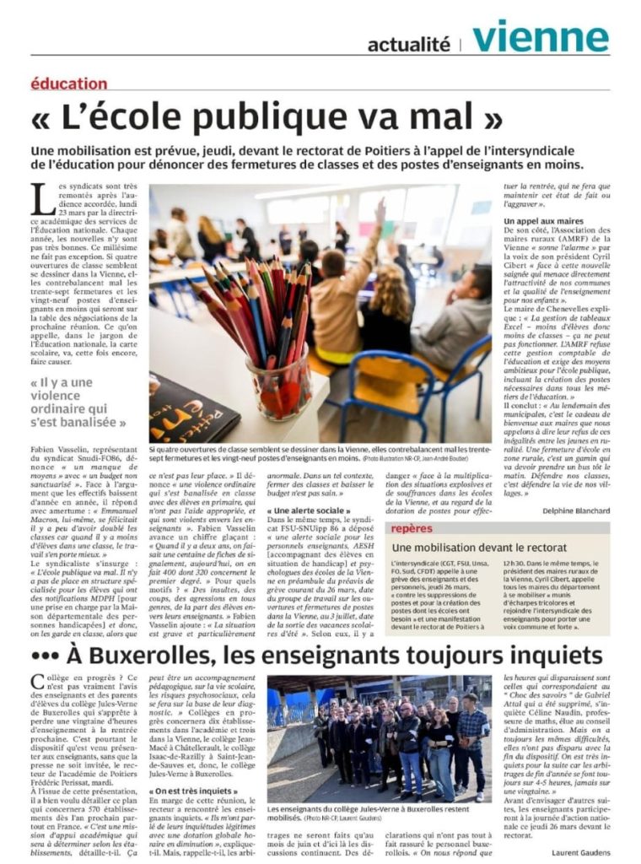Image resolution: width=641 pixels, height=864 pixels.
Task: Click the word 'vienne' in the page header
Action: (x=541, y=37)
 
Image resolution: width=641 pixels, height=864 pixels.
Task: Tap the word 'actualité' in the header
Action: (x=409, y=45)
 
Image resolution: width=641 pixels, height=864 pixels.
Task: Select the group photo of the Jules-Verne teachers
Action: (x=378, y=737)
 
